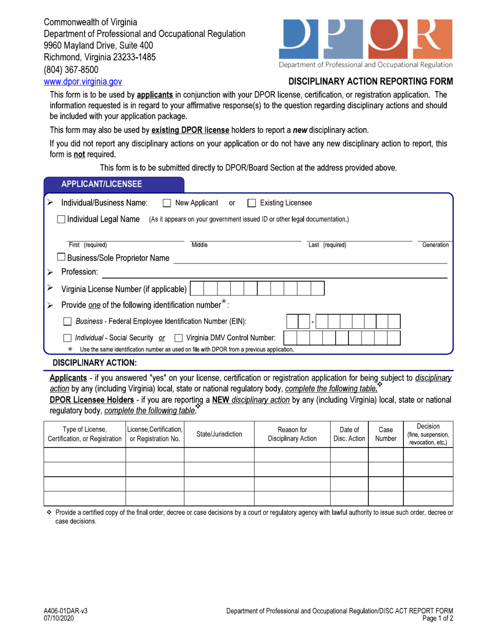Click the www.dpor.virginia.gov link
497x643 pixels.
pos(83,82)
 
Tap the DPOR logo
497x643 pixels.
pos(366,39)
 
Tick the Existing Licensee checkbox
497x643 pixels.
pos(251,203)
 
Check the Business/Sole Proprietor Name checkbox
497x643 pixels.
pos(62,257)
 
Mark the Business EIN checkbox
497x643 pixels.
pos(67,321)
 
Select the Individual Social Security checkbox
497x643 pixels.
pos(67,338)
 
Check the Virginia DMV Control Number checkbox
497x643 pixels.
pos(178,338)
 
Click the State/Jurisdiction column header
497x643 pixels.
pos(219,434)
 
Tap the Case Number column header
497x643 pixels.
pos(386,434)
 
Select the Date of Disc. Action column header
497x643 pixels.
pos(349,434)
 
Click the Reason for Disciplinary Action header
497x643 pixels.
pos(292,434)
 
